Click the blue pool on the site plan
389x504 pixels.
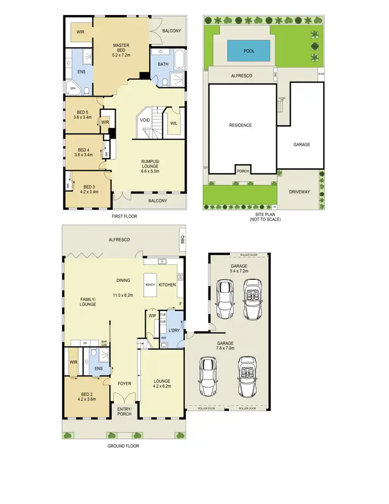pos(249,51)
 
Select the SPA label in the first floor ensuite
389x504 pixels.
pos(72,89)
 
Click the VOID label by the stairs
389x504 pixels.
pos(145,120)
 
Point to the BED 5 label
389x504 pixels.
pos(83,112)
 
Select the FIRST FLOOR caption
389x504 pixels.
pos(124,216)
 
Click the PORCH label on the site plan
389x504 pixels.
pos(242,171)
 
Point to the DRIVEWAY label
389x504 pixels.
pos(299,192)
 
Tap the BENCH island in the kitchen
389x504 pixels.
pos(150,285)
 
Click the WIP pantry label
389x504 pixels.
pos(152,315)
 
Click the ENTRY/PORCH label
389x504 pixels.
pos(124,412)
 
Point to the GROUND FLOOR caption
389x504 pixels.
pos(123,445)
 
